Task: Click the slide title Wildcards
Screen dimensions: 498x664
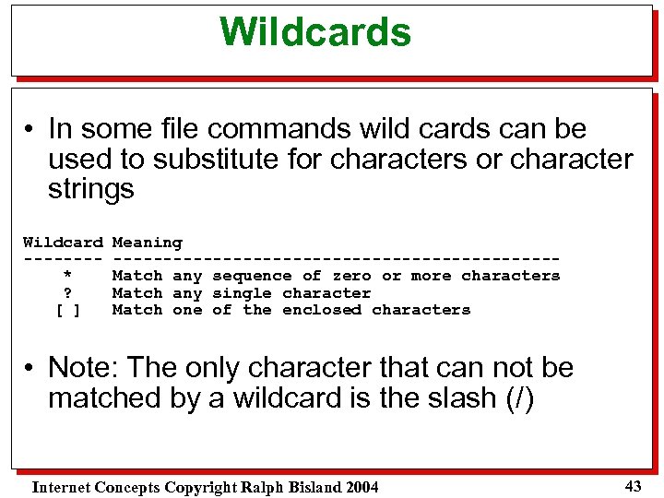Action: pos(315,32)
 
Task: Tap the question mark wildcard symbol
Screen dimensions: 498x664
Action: pos(66,293)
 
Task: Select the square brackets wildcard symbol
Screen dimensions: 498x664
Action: pos(66,310)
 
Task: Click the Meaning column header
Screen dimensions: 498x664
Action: pos(147,243)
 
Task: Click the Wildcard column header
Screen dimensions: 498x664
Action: pos(63,243)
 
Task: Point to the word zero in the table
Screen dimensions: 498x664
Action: pos(351,276)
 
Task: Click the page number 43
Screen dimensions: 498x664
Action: pos(633,485)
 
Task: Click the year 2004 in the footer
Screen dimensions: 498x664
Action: pos(361,487)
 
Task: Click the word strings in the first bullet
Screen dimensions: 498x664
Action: pos(90,189)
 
